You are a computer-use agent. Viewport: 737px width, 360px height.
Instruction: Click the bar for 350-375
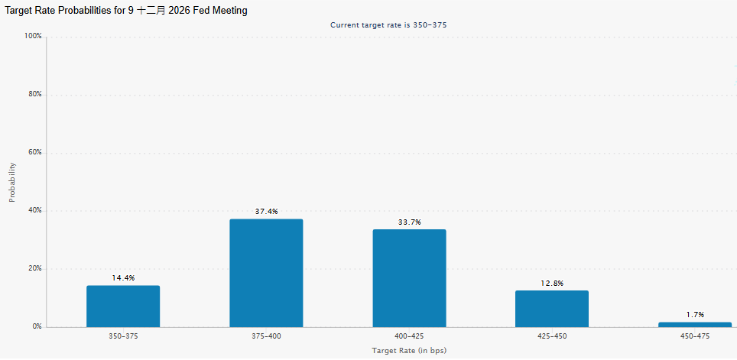123,306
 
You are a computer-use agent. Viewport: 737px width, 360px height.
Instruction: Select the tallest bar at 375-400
266,273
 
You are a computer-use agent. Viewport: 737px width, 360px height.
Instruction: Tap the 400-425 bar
409,278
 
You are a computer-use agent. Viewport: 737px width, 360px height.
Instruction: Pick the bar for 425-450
552,309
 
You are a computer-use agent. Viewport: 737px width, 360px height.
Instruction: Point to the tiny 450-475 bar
695,324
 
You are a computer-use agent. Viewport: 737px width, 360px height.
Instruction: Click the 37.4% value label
267,212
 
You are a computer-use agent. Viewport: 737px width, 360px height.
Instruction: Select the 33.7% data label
409,222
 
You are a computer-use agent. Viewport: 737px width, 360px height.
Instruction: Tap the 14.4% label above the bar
123,277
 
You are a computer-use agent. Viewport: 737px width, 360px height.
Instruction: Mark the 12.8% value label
552,283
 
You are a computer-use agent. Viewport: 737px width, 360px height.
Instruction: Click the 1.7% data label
695,314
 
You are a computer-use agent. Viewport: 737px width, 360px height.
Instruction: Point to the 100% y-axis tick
33,36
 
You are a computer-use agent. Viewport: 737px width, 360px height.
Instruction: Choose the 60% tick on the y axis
34,152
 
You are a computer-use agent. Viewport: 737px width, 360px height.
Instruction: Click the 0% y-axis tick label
37,326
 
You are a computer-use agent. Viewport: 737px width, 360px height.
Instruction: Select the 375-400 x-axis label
266,336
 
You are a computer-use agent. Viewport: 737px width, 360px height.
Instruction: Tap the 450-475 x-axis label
695,336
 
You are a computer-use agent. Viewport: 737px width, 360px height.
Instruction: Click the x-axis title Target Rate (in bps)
409,351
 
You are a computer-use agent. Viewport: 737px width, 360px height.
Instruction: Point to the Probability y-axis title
12,183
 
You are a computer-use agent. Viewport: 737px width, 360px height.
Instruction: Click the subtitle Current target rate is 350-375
388,25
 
